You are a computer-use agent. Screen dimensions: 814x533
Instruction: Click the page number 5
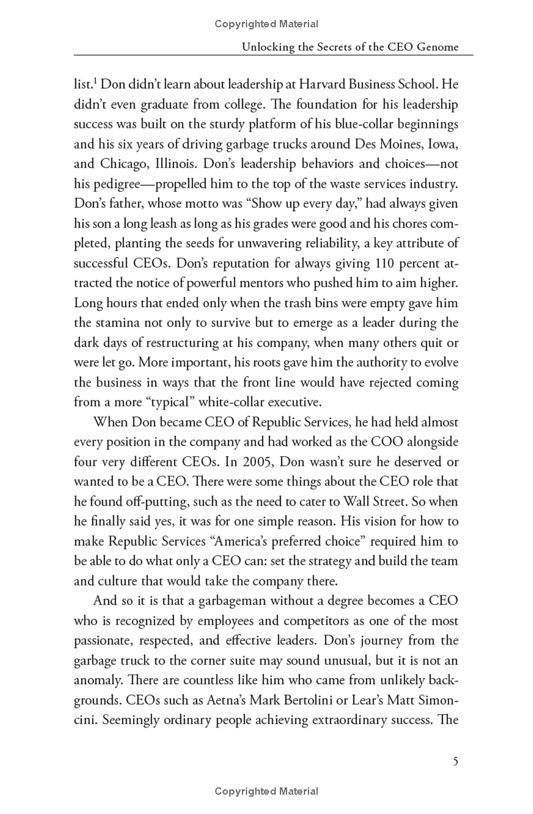click(x=455, y=761)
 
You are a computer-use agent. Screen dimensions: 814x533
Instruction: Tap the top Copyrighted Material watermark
click(x=266, y=24)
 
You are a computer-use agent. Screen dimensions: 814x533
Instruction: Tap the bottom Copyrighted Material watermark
click(x=266, y=791)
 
